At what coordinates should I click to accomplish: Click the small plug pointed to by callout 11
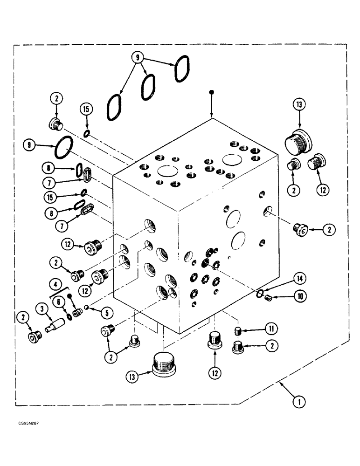tap(237, 331)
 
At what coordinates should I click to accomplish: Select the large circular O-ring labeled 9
tap(63, 147)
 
